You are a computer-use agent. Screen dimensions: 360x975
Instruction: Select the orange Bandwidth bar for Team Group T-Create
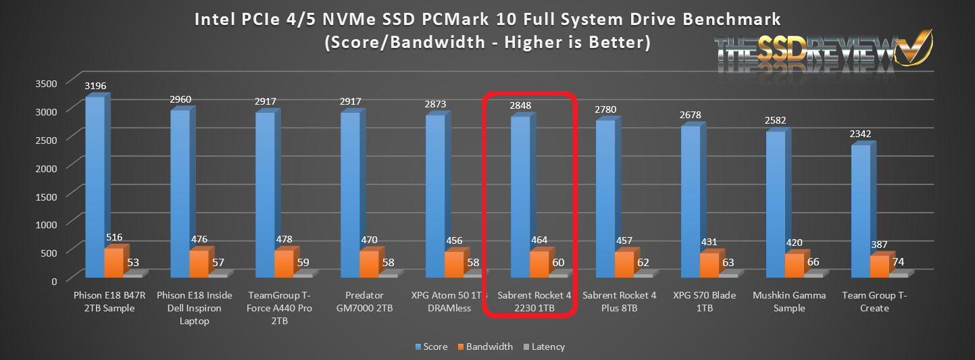point(879,266)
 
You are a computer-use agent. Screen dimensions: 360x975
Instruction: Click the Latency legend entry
point(543,346)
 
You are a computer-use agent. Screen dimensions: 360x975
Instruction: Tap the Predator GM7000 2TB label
point(369,302)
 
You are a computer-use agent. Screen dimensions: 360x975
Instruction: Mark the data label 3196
point(95,86)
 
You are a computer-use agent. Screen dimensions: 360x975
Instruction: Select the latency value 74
point(899,262)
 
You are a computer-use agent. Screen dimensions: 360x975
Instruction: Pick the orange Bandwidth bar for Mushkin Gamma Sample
point(794,265)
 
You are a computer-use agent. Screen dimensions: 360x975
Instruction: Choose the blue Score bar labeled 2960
point(180,193)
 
